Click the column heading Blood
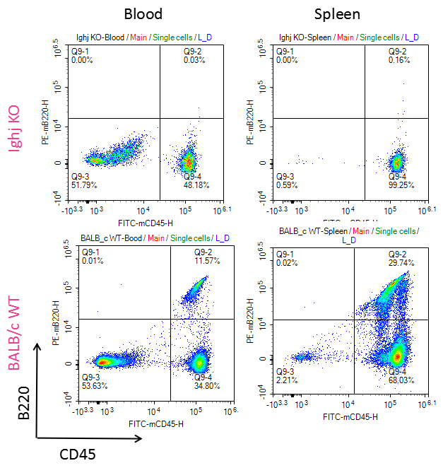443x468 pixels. [x=143, y=13]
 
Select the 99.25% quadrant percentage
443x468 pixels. [x=401, y=185]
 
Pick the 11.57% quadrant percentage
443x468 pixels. [x=208, y=261]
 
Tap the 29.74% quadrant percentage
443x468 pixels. [x=401, y=262]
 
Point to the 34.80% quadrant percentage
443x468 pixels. [x=208, y=385]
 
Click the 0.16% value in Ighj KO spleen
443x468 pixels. [x=401, y=61]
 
